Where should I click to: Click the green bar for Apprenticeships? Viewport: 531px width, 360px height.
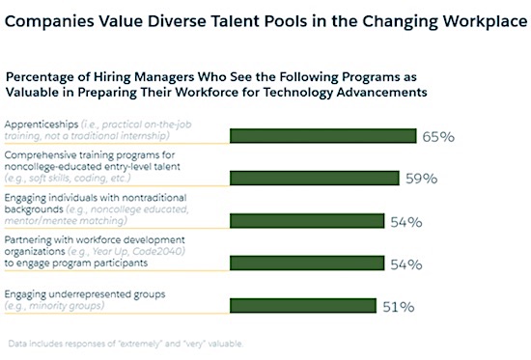(x=322, y=136)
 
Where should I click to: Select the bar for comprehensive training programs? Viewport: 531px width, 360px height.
(x=315, y=178)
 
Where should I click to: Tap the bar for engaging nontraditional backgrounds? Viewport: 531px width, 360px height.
(x=307, y=221)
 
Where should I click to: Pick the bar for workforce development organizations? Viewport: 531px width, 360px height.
(x=307, y=263)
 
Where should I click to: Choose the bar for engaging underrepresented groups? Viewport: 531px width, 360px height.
(x=302, y=307)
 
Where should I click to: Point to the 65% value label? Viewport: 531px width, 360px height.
(x=437, y=136)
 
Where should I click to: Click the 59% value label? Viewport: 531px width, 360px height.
(x=421, y=178)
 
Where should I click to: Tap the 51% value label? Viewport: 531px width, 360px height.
(x=397, y=307)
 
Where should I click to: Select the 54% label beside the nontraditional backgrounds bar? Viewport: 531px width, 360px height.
(x=405, y=221)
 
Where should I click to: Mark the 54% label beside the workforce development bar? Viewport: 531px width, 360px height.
(x=405, y=263)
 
